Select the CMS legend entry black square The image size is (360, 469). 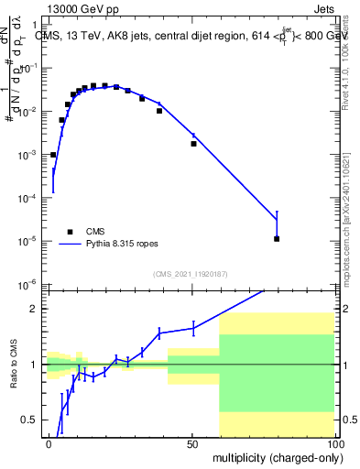tap(69, 232)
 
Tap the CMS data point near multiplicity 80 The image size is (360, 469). tap(277, 239)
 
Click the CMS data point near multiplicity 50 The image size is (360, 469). tap(193, 144)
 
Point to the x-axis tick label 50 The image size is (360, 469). tap(191, 442)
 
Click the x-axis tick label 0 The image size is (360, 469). tap(49, 442)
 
